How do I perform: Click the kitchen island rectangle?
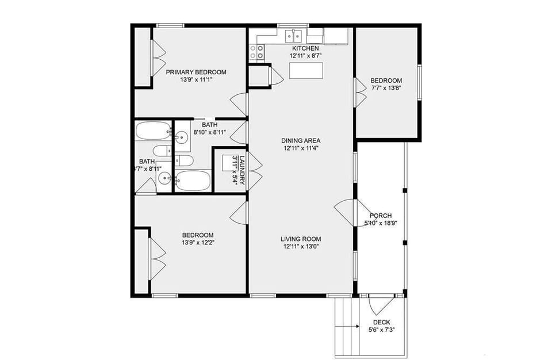[305, 70]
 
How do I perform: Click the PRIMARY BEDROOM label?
[196, 72]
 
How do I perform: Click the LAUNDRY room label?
[243, 170]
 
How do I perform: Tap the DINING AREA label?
[301, 140]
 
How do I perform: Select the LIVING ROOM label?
[301, 239]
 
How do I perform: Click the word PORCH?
[381, 216]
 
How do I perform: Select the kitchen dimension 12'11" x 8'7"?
[305, 56]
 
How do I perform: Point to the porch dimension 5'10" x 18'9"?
[381, 223]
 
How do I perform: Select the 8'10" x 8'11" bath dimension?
[209, 132]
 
